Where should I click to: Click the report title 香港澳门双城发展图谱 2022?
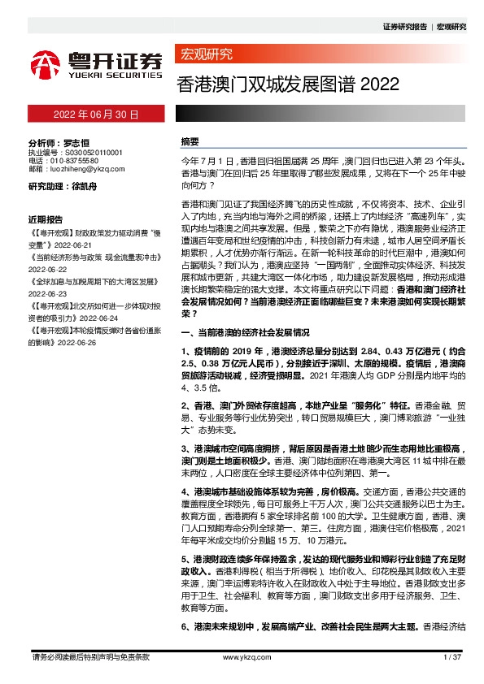tap(276, 84)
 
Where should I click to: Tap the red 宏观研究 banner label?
tap(204, 54)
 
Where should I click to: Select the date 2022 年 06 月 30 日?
tap(96, 115)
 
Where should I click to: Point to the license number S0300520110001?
tap(93, 152)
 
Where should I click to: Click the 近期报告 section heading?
tap(46, 220)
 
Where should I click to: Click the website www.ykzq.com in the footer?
tap(241, 656)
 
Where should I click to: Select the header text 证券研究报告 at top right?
tap(403, 27)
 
